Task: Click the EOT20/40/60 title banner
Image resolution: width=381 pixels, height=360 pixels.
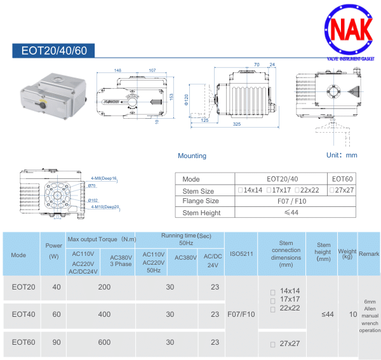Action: (54, 51)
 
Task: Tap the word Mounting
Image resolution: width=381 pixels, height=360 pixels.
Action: (192, 156)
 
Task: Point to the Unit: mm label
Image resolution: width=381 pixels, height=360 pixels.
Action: (342, 155)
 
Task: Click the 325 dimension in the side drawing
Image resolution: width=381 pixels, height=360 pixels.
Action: (236, 124)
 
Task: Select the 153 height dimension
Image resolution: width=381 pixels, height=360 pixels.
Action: (171, 96)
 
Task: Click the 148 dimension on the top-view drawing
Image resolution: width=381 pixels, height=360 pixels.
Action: (118, 70)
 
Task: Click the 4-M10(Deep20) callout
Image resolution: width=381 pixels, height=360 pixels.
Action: (105, 207)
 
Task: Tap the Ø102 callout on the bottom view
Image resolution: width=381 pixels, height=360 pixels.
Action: (93, 200)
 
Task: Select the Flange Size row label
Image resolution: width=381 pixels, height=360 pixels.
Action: (201, 201)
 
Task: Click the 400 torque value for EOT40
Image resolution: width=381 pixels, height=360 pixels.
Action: (104, 314)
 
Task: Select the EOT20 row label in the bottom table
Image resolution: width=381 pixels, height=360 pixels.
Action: (23, 287)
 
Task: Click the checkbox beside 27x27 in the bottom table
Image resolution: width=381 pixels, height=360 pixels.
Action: (272, 343)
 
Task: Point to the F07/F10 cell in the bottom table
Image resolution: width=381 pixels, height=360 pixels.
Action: (241, 314)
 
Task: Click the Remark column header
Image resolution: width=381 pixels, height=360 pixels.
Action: (369, 254)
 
